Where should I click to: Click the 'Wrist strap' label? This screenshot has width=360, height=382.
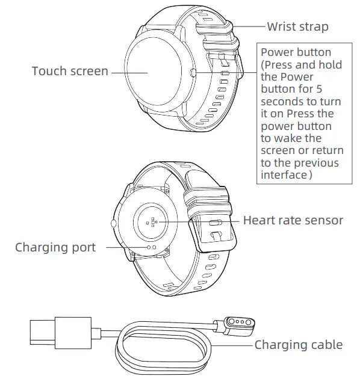(x=297, y=27)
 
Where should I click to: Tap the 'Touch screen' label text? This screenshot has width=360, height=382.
(x=70, y=72)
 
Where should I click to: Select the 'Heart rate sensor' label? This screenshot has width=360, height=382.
(x=293, y=221)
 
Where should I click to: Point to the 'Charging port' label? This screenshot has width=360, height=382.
(x=55, y=247)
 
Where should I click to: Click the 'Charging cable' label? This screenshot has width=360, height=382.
(x=298, y=345)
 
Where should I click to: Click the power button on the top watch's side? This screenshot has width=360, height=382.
(x=192, y=72)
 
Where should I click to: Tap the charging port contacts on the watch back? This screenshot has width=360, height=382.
(x=151, y=247)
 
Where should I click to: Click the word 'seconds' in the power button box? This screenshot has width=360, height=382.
(x=281, y=101)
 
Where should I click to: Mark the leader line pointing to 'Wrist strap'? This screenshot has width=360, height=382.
(x=250, y=27)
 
